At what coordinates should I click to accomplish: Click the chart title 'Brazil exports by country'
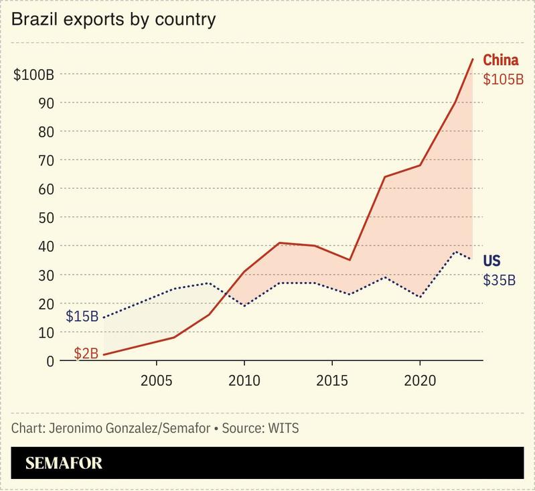113,19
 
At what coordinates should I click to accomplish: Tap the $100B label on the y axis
34,74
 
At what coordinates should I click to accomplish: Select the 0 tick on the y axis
50,361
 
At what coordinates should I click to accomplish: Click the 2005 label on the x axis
156,380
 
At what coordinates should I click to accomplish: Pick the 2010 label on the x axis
244,380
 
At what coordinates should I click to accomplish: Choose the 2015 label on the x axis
331,380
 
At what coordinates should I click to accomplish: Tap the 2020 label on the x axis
419,380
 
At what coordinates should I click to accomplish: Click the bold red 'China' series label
501,61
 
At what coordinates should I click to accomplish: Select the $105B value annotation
503,79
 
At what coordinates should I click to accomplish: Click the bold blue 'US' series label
491,261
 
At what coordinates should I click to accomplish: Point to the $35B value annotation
500,280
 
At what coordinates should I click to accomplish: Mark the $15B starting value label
82,315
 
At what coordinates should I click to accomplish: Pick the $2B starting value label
86,353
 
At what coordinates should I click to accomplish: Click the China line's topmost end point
473,59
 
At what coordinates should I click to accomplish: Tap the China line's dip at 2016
350,260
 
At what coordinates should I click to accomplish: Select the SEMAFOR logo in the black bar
64,463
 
